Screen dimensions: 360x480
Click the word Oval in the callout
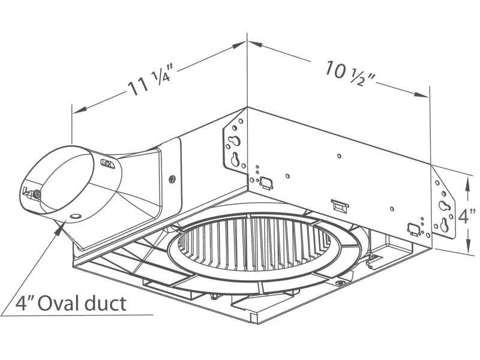click(x=67, y=303)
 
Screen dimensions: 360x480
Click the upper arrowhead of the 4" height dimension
click(x=467, y=175)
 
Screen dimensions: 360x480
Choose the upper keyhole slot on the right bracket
click(x=443, y=205)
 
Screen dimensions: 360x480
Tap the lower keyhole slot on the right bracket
click(x=444, y=224)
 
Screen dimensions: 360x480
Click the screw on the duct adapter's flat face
click(x=172, y=178)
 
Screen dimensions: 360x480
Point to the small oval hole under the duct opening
click(x=75, y=215)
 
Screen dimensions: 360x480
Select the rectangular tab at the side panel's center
click(x=340, y=205)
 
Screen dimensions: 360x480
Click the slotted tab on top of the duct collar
click(x=107, y=163)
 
